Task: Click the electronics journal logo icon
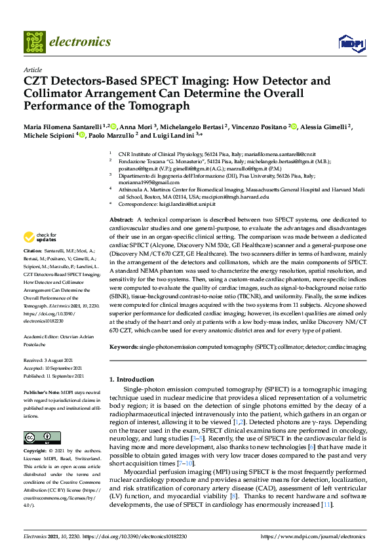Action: pyautogui.click(x=34, y=42)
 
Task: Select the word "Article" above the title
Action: pyautogui.click(x=32, y=69)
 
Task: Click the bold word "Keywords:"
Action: pyautogui.click(x=123, y=345)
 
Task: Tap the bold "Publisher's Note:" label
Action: pyautogui.click(x=40, y=391)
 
